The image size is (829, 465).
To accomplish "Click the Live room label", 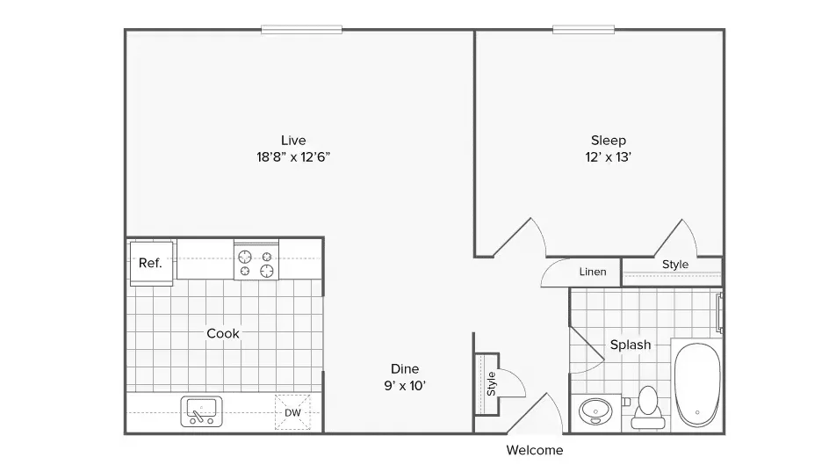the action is point(293,140).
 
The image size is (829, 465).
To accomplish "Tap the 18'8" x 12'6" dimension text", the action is point(293,157).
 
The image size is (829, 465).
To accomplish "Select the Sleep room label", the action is point(609,141).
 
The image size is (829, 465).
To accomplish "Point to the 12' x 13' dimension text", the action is point(609,157).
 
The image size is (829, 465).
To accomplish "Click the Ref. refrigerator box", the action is point(151,264).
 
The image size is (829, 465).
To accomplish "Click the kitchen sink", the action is point(201,411).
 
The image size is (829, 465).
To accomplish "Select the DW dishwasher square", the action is point(292,412).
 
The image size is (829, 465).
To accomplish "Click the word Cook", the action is point(223,333).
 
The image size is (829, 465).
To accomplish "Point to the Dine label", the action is point(405,368).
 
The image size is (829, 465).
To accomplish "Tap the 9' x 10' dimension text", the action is point(405,386).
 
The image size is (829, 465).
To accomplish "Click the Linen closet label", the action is point(593,272).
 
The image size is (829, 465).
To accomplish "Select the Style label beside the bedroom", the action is point(675,264).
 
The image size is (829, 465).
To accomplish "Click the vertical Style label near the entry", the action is point(491,383).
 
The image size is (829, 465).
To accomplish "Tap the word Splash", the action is point(631,345).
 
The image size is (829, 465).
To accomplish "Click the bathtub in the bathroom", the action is point(697,385).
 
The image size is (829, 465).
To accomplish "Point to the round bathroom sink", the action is point(595,411).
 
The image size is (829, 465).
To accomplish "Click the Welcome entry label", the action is point(535,450).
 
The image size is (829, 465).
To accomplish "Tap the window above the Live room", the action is point(301,30).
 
